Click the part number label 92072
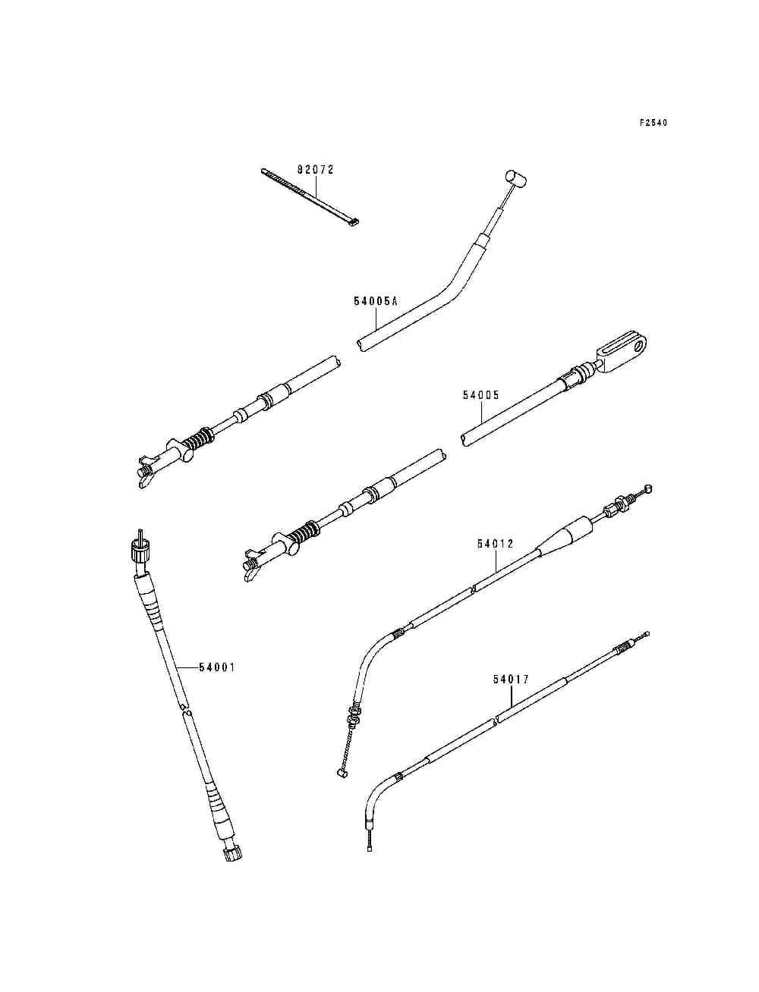(315, 170)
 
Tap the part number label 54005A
(376, 301)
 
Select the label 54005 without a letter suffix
(481, 395)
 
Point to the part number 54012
(496, 544)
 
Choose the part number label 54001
(217, 667)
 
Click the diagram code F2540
(653, 122)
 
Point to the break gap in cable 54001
(184, 709)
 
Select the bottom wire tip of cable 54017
(369, 849)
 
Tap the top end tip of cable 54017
(647, 633)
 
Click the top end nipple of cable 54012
(647, 488)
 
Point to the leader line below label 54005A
(376, 324)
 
